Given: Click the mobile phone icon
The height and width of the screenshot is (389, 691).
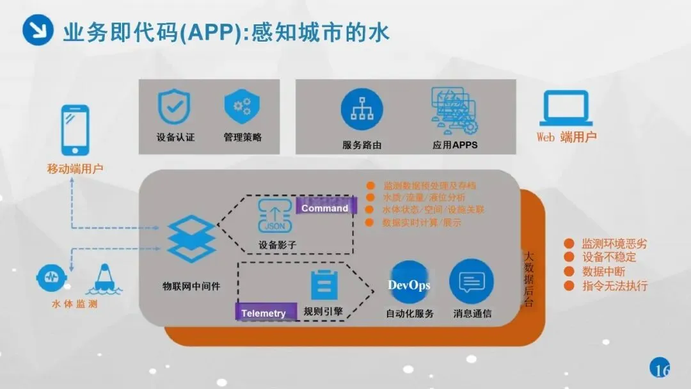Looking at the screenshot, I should click(75, 129).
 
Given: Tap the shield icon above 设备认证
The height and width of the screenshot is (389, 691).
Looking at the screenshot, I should click(174, 106).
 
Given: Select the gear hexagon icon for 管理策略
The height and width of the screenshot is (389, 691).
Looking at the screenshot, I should click(242, 106).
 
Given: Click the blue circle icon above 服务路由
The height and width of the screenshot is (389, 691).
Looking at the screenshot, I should click(361, 109).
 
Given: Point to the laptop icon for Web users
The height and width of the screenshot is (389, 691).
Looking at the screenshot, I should click(566, 108).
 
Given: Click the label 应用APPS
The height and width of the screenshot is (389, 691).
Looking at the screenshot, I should click(454, 145).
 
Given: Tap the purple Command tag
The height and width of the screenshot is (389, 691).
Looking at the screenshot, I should click(325, 208).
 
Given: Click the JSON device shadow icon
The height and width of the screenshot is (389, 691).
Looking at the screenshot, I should click(275, 216).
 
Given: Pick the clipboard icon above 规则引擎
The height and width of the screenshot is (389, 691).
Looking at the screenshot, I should click(324, 285).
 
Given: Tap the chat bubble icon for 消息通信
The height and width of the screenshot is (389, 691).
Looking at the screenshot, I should click(472, 282).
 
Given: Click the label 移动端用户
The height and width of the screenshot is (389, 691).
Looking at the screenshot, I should click(75, 170).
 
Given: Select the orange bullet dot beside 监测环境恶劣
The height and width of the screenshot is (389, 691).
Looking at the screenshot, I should click(568, 244).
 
